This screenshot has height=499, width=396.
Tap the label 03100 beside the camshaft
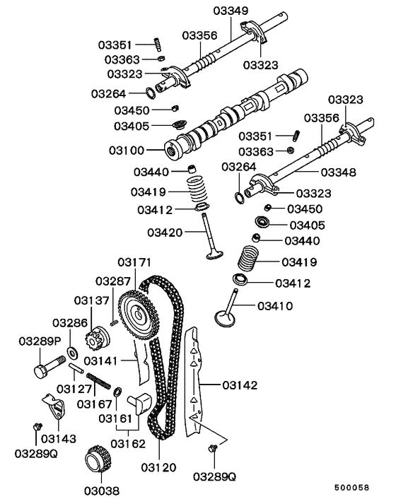pos(127,151)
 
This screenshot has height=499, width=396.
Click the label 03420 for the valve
pos(165,232)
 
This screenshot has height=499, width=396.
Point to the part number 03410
pos(274,306)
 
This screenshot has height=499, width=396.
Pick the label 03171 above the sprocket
pos(135,263)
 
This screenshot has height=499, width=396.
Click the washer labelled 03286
pos(73,351)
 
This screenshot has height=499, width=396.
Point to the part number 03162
pos(128,443)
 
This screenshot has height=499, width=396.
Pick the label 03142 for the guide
pos(240,385)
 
